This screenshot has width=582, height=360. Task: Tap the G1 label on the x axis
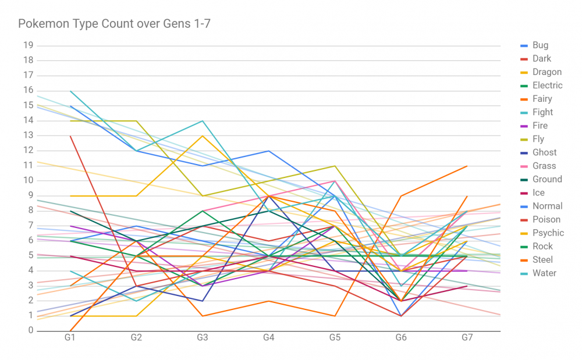70,337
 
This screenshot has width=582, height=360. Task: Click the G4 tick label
269,337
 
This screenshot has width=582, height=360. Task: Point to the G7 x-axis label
467,337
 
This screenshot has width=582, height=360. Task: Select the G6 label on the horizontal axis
401,337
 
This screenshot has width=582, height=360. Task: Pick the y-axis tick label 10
28,180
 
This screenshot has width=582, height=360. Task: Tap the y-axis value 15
28,105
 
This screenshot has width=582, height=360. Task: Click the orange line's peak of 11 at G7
467,166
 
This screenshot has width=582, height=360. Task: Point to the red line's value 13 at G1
70,136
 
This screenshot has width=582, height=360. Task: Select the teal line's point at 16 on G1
70,91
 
